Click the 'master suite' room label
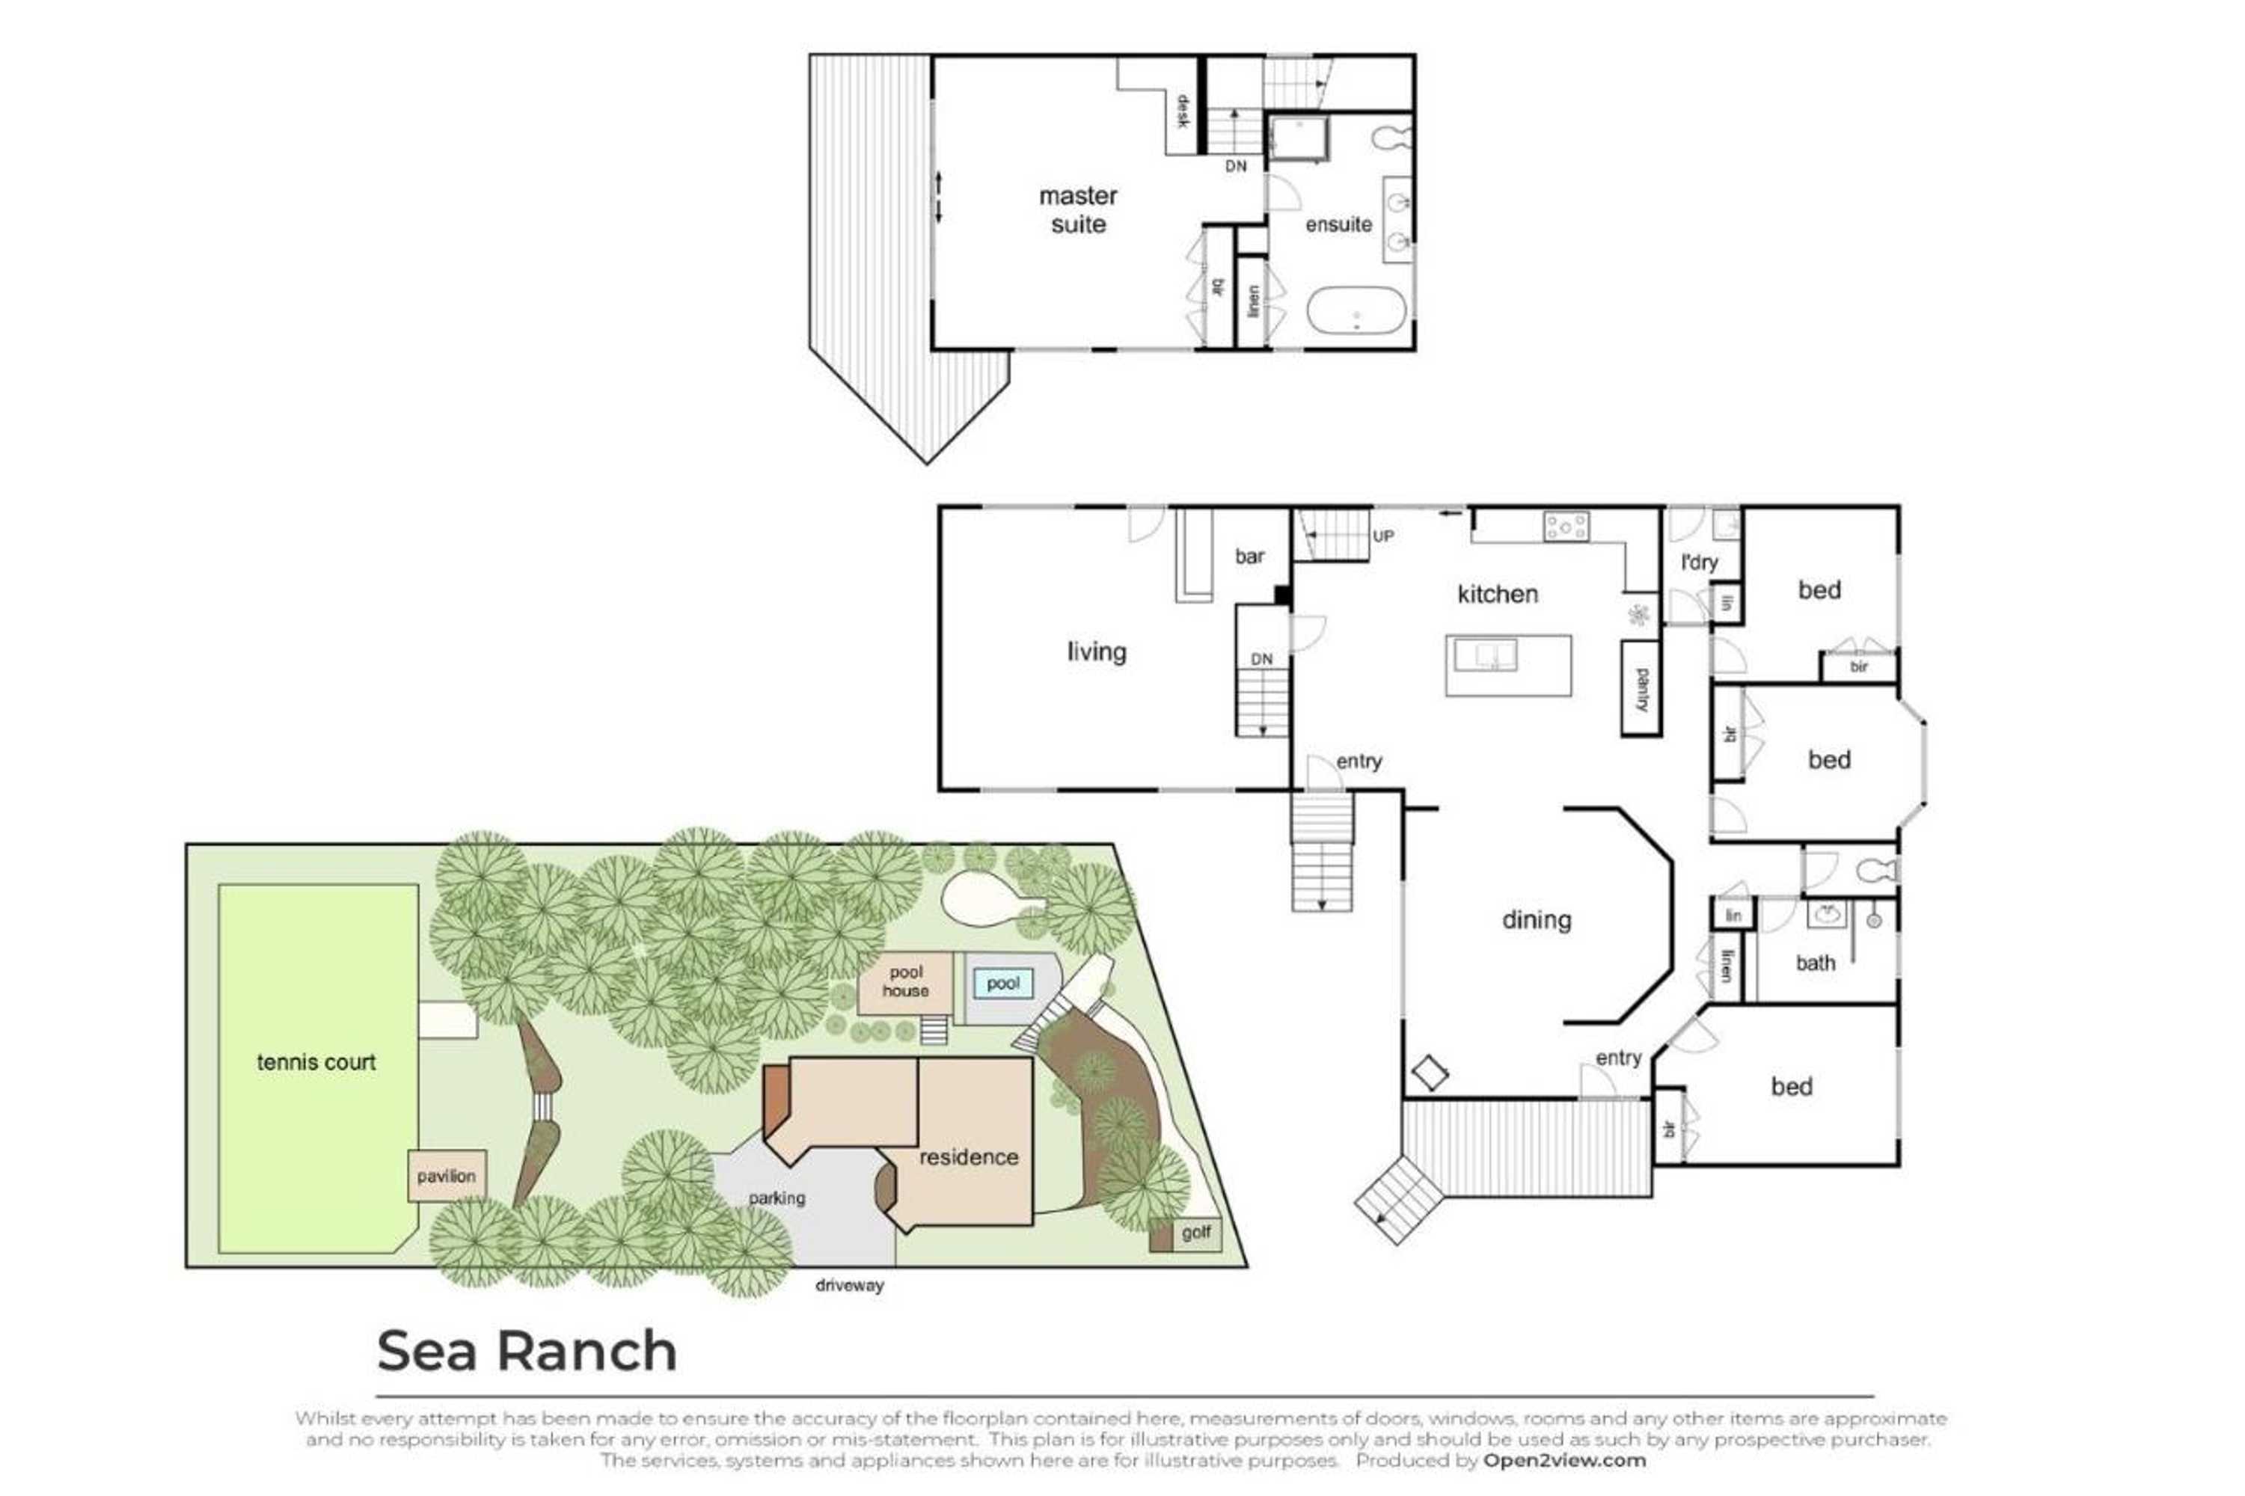(x=1077, y=210)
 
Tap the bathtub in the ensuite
(x=1355, y=310)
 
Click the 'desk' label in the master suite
(x=1181, y=111)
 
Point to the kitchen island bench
(x=1507, y=665)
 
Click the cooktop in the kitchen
(x=1566, y=527)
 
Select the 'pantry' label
(x=1641, y=690)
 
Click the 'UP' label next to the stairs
(x=1382, y=536)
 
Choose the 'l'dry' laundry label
(x=1698, y=562)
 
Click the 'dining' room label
(x=1536, y=920)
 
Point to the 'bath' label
(x=1815, y=963)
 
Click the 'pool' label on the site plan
(x=1002, y=983)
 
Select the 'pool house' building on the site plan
(x=904, y=981)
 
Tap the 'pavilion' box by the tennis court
(x=446, y=1175)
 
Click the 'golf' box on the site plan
(x=1195, y=1232)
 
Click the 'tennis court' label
(x=316, y=1062)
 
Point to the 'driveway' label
(x=849, y=1285)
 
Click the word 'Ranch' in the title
(x=586, y=1351)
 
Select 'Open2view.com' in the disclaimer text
(x=1563, y=1460)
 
